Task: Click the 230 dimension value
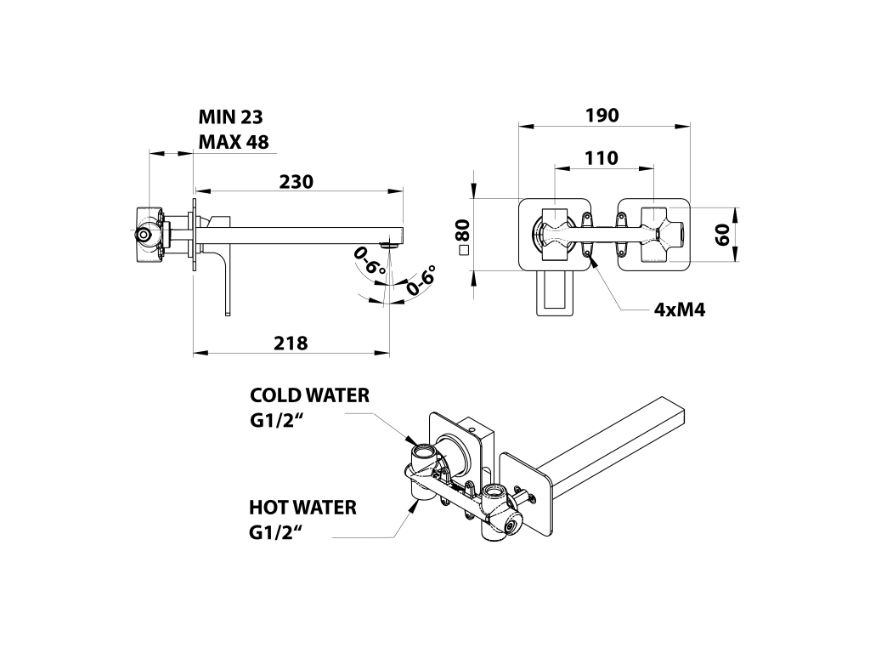tap(297, 182)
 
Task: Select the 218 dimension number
tap(291, 344)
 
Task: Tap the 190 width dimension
tap(602, 115)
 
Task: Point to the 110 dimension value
tap(602, 158)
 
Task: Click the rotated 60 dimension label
tap(722, 236)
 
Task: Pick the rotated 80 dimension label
tap(463, 230)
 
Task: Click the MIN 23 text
tap(231, 116)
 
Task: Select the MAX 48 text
tap(234, 142)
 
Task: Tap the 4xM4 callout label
tap(680, 309)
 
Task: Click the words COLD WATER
tap(309, 395)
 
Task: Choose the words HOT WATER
tap(303, 507)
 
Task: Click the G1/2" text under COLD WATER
tap(278, 421)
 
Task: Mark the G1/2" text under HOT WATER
tap(276, 532)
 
